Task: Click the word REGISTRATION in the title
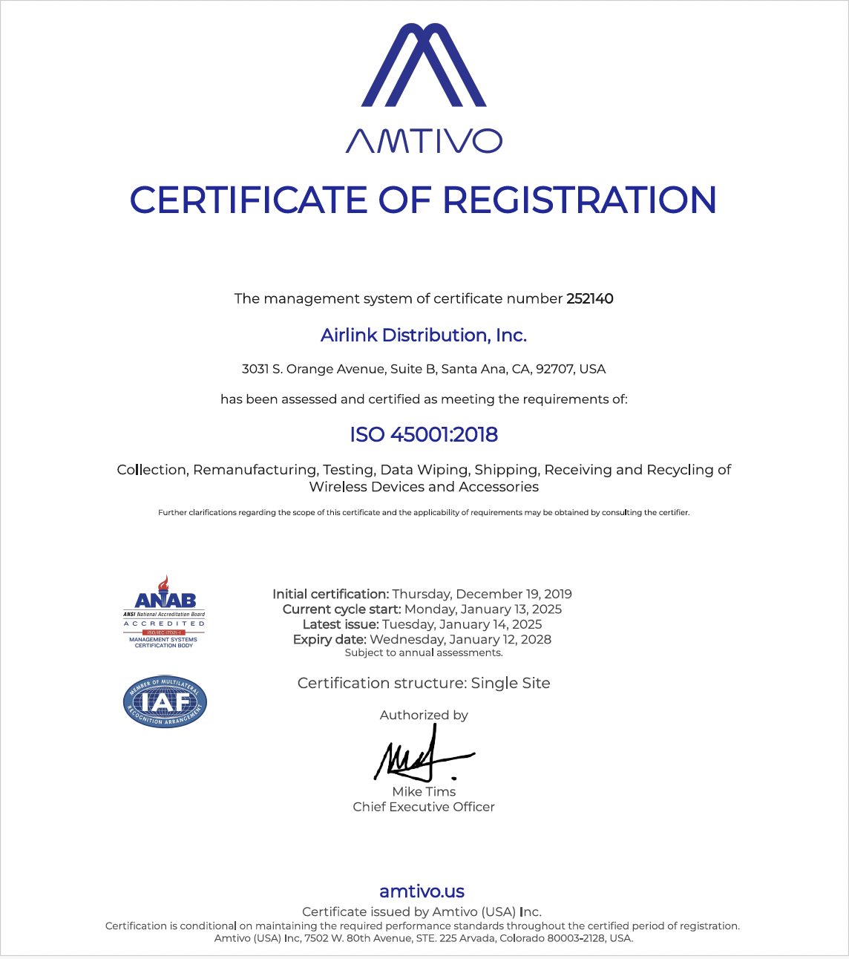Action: click(x=580, y=200)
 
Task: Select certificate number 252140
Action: click(x=589, y=299)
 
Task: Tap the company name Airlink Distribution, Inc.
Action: click(x=424, y=336)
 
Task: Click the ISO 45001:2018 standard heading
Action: click(x=424, y=434)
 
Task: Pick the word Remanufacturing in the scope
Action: click(x=255, y=470)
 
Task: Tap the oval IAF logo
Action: click(x=165, y=701)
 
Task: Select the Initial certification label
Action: click(x=330, y=594)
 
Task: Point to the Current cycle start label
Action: click(x=341, y=609)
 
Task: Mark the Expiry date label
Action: click(x=330, y=639)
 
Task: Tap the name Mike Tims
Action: click(x=424, y=791)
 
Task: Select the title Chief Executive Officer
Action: click(x=424, y=807)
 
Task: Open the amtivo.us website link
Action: click(x=422, y=891)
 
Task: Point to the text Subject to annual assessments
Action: click(x=424, y=653)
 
